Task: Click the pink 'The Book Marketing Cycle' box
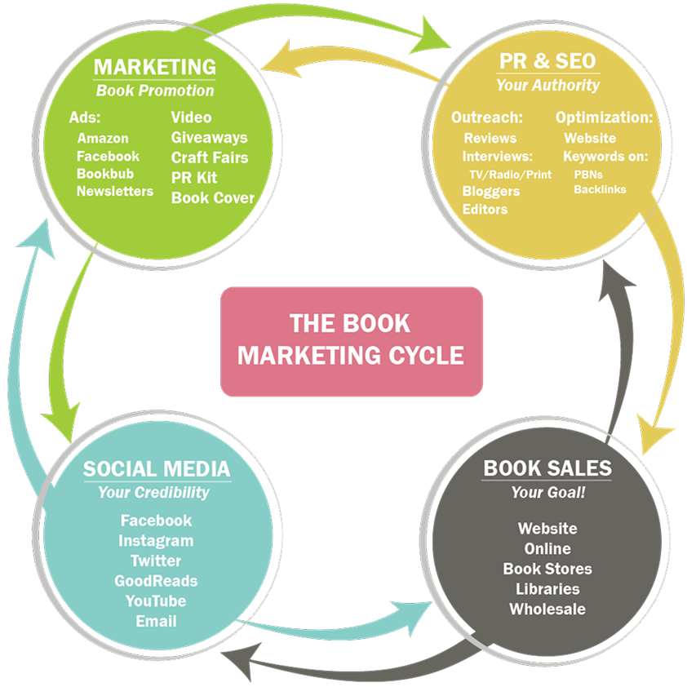tap(352, 340)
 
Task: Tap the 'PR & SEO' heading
tap(547, 60)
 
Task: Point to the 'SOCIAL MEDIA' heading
tap(156, 469)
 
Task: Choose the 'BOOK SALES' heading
tap(547, 468)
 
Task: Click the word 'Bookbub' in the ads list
tap(105, 174)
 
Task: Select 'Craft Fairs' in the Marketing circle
tap(210, 157)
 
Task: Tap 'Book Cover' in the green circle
tap(213, 197)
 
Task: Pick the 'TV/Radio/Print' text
tap(510, 175)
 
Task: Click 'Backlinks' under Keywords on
tap(600, 189)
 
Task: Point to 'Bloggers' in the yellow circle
tap(491, 191)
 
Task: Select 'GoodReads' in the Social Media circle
tap(156, 581)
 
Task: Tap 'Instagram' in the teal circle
tap(156, 540)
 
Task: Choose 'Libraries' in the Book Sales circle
tap(547, 588)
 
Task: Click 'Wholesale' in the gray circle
tap(547, 609)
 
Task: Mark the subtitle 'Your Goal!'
tap(547, 492)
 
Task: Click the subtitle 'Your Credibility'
tap(153, 492)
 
